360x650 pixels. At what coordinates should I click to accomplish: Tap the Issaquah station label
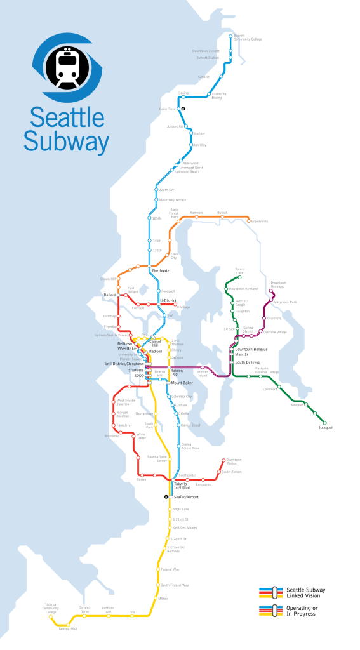point(326,428)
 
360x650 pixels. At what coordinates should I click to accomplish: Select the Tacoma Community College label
point(51,608)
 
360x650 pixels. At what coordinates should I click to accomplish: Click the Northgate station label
point(161,270)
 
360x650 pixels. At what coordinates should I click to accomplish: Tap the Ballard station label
point(109,295)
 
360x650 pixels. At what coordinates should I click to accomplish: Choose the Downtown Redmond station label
point(278,284)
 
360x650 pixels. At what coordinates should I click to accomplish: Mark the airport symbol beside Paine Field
point(183,109)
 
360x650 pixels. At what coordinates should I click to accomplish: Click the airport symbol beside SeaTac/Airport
point(166,497)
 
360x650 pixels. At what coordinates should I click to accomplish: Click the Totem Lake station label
point(239,270)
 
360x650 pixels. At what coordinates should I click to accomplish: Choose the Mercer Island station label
point(203,375)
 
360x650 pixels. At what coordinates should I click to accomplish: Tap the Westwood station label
point(112,436)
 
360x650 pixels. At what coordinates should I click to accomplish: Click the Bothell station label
point(222,213)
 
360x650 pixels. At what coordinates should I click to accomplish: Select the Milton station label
point(163,598)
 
